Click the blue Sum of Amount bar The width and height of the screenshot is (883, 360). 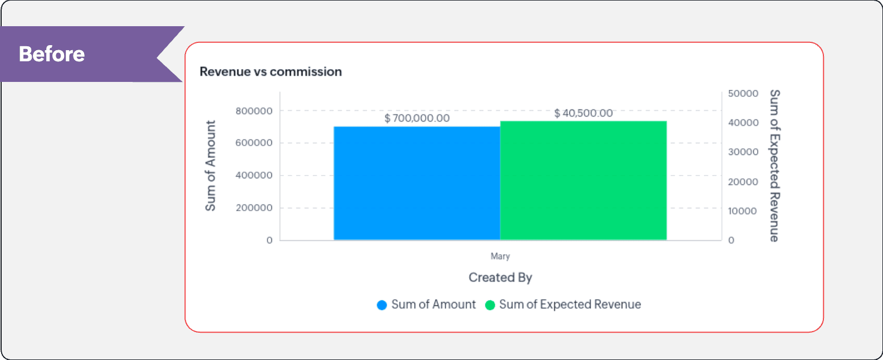(x=417, y=183)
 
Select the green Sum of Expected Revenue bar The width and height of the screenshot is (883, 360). (x=583, y=181)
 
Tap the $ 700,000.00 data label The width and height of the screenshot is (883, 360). (x=417, y=118)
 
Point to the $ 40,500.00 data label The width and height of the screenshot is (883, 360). (x=583, y=113)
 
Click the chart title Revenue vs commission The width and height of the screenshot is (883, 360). (x=271, y=72)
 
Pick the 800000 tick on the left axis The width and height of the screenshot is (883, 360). (x=254, y=111)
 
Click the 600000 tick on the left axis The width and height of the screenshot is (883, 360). (x=254, y=143)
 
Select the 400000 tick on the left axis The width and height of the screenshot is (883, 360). (x=254, y=175)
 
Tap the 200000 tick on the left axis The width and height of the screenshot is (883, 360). (x=254, y=208)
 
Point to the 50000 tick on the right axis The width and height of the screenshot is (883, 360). (x=743, y=94)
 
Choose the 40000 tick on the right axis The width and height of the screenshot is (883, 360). (x=743, y=123)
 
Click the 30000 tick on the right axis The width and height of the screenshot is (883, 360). (x=743, y=152)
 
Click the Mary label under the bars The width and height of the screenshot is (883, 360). (x=500, y=256)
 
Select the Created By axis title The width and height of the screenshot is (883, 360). (x=500, y=278)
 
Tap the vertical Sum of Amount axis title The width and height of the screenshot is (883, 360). (x=211, y=166)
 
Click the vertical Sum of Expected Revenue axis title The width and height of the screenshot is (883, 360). (x=774, y=166)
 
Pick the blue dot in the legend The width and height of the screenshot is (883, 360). (x=382, y=305)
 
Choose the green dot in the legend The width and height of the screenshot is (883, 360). (x=490, y=305)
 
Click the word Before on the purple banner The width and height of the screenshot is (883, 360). (x=52, y=54)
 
